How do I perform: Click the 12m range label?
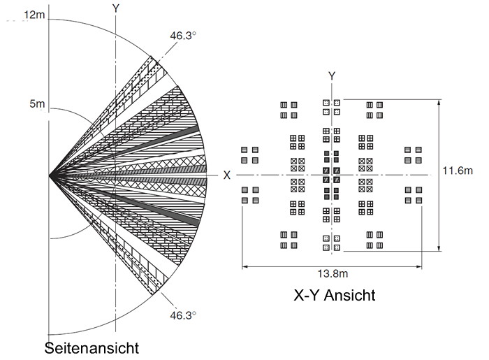pos(34,15)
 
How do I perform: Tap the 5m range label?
pos(36,104)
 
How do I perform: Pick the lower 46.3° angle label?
pos(183,315)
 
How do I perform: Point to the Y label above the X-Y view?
pos(332,75)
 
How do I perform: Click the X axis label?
pos(226,175)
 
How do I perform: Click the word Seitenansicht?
pos(92,347)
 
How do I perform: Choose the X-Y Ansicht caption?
pos(335,296)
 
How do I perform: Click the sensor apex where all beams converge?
pos(50,175)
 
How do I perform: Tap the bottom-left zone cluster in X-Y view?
pos(289,240)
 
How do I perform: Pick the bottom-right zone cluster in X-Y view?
pos(374,240)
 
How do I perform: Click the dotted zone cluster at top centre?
pos(331,107)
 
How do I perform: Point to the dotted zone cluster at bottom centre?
pos(331,243)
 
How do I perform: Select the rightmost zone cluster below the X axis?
pos(414,195)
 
